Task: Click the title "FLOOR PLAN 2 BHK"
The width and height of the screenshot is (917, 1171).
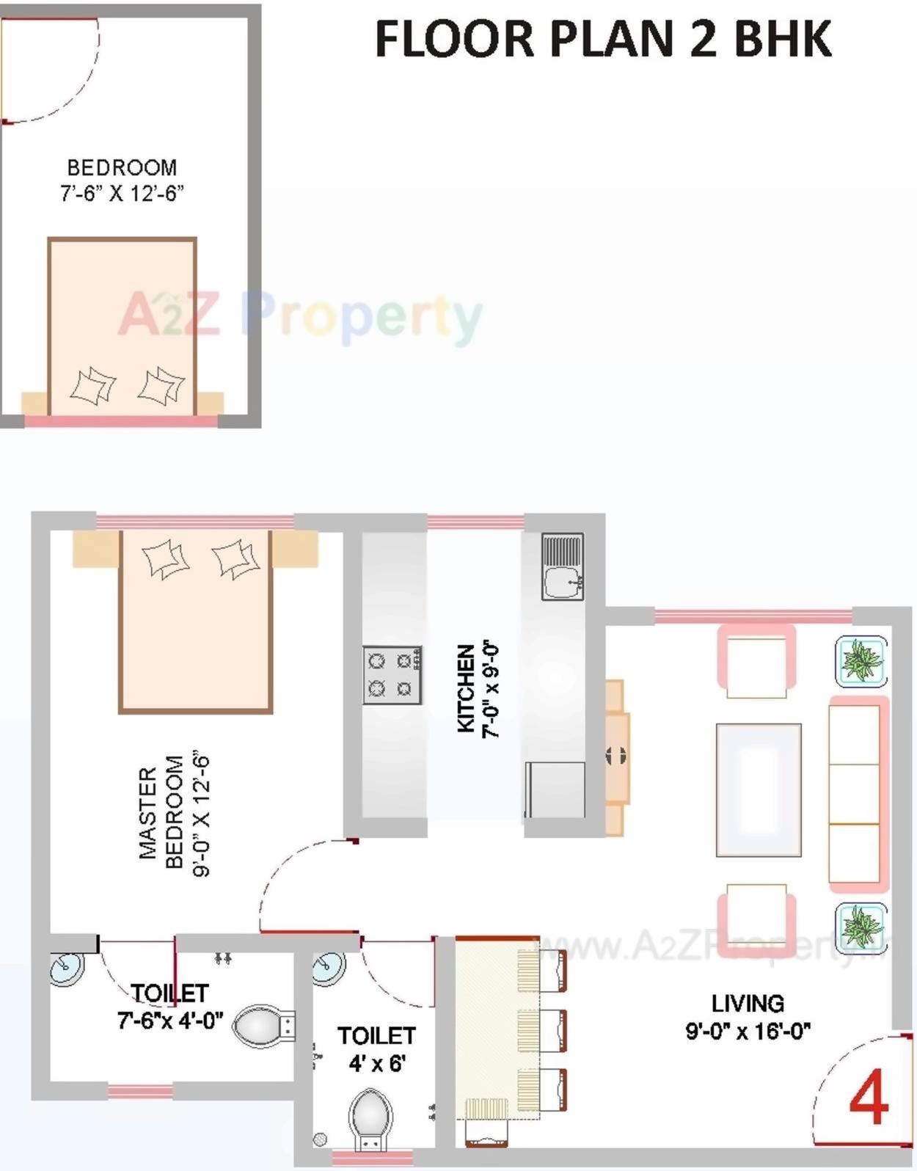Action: (603, 40)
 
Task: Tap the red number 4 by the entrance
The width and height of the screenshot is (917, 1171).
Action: (869, 1098)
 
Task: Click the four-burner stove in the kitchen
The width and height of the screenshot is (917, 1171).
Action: (392, 675)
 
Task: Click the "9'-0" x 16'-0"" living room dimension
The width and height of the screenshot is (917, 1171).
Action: (748, 1031)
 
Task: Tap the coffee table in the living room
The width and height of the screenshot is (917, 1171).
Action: (759, 789)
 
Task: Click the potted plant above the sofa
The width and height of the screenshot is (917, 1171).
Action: (861, 661)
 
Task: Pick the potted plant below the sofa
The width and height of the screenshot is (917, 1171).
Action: (861, 927)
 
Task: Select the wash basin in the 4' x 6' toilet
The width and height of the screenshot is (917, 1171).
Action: (328, 968)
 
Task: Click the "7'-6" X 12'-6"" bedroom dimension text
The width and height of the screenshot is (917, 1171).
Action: (122, 194)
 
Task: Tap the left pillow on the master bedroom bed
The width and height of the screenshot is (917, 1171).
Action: (166, 559)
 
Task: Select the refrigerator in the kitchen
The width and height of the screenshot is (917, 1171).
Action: (555, 789)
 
